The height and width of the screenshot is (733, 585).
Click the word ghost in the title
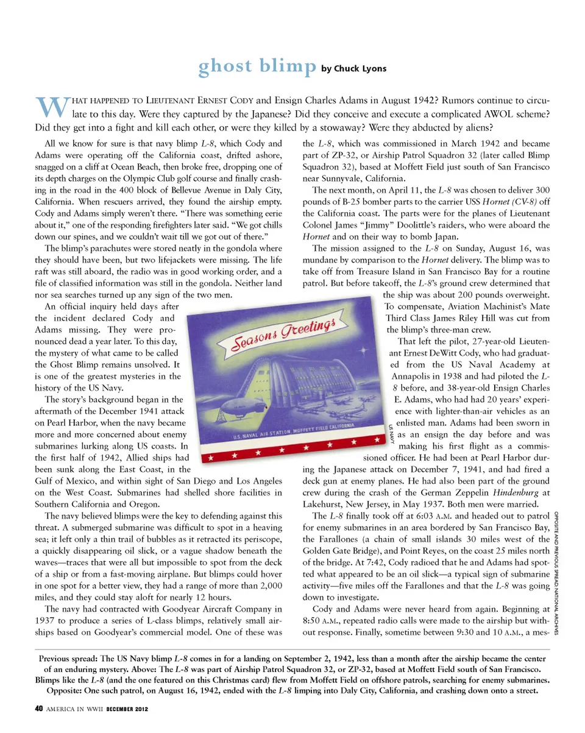coord(224,67)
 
